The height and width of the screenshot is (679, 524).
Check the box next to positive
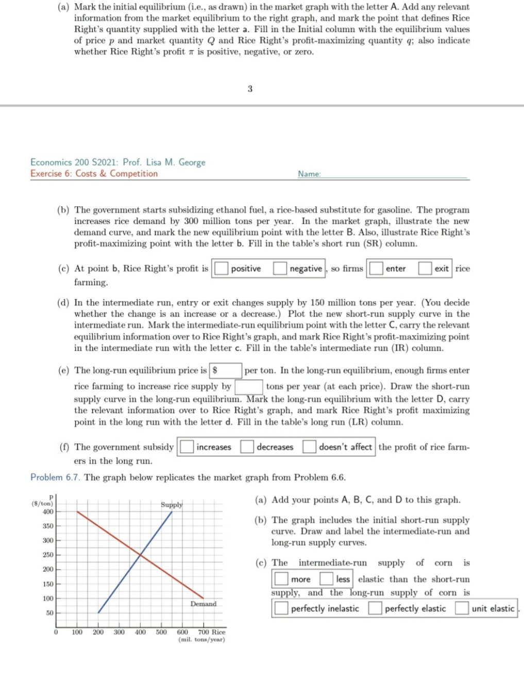pos(222,269)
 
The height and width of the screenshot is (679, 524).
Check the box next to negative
pos(280,269)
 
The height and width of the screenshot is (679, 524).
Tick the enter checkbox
pos(376,269)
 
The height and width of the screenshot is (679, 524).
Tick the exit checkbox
pos(425,269)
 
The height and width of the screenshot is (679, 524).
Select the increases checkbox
pos(187,446)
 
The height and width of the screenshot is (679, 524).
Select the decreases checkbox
pos(247,446)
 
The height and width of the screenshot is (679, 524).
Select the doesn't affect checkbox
pos(309,446)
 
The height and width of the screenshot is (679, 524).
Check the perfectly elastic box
pos(375,608)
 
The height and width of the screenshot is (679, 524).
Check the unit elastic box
pos(462,608)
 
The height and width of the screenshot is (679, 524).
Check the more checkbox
pos(281,579)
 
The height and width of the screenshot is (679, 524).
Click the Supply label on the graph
pos(172,505)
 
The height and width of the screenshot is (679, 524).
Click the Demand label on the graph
pos(204,604)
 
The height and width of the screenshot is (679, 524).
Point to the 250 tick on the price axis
pos(48,555)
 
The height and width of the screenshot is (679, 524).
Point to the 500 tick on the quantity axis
pos(161,632)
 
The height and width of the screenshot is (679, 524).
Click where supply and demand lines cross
pos(140,555)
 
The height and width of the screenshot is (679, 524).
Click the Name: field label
pos(309,174)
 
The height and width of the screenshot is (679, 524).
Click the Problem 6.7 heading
pos(55,477)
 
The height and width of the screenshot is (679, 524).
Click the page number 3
pos(250,89)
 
